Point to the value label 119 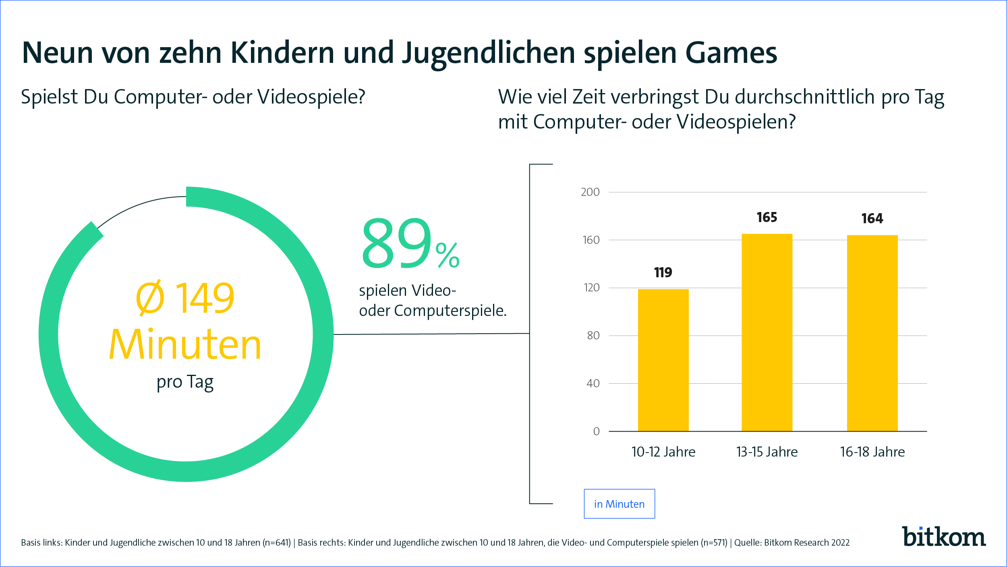click(x=663, y=272)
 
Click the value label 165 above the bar click(x=767, y=218)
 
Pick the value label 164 click(x=872, y=219)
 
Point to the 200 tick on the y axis click(x=590, y=192)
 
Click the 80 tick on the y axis click(x=593, y=336)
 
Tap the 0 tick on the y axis click(x=596, y=432)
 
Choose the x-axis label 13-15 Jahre click(x=767, y=452)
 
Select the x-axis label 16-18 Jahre click(x=872, y=452)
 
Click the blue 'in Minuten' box click(x=619, y=504)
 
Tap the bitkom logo click(x=944, y=537)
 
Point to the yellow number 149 click(x=205, y=298)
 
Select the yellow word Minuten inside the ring click(x=185, y=345)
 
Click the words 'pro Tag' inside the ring click(x=185, y=382)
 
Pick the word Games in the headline click(x=731, y=53)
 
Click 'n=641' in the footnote click(x=277, y=543)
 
